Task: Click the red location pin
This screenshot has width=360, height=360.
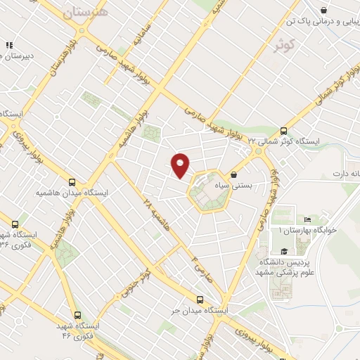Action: tap(181, 165)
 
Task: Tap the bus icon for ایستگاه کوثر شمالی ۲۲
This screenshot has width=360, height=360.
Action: tap(283, 130)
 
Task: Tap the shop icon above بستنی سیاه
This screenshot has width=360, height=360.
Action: tap(234, 174)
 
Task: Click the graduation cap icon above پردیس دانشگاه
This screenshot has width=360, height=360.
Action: tap(283, 250)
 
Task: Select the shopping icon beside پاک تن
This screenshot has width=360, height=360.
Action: tap(323, 10)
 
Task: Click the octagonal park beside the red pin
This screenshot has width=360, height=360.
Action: tap(209, 190)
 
